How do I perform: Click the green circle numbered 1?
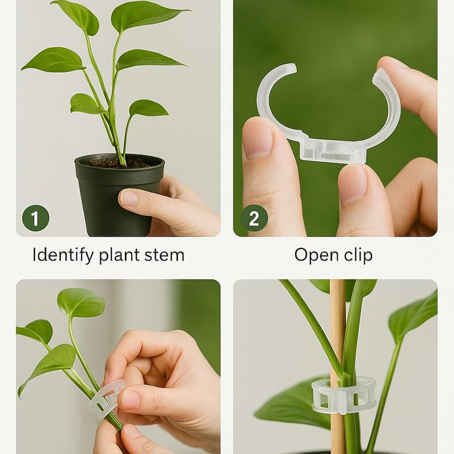(35, 218)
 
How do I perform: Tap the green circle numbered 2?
(254, 218)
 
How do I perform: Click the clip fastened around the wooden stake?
(344, 396)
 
